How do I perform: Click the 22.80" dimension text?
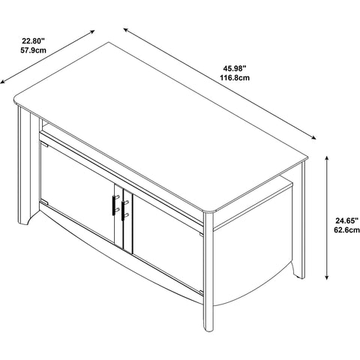click(x=33, y=40)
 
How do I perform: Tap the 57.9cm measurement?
click(x=33, y=50)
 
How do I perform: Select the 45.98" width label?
click(x=235, y=67)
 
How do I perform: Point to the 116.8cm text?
click(x=235, y=78)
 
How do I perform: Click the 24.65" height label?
click(x=347, y=220)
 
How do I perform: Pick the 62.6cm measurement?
click(x=347, y=230)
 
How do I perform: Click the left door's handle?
click(x=114, y=205)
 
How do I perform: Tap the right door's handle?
click(x=123, y=210)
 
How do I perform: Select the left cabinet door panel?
click(x=77, y=191)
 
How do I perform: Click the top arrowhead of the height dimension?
click(x=326, y=158)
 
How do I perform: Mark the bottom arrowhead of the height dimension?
click(x=326, y=277)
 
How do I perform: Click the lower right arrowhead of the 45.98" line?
click(x=313, y=137)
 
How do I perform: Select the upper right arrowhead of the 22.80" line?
click(x=92, y=31)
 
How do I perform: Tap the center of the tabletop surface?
click(x=160, y=127)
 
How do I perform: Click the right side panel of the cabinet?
click(x=253, y=260)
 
